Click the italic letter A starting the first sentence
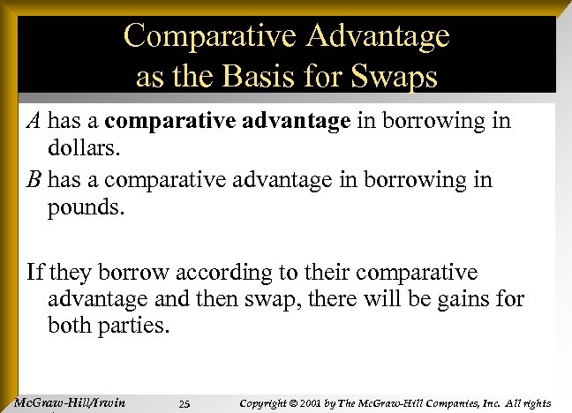pyautogui.click(x=33, y=120)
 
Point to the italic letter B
pyautogui.click(x=33, y=180)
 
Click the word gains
pyautogui.click(x=465, y=299)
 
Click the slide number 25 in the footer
pyautogui.click(x=184, y=404)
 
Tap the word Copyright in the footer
pyautogui.click(x=267, y=403)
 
